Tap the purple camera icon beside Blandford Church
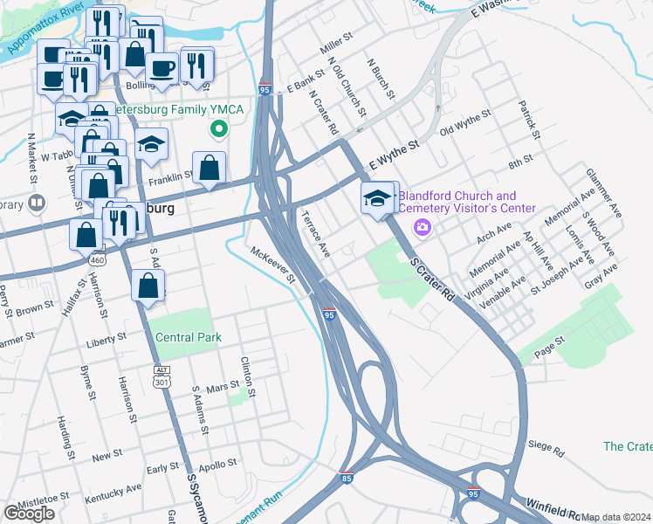tap(423, 228)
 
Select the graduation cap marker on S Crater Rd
tap(378, 198)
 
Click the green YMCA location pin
tap(220, 130)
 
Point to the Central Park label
tap(189, 337)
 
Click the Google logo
tap(29, 514)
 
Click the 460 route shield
tap(97, 259)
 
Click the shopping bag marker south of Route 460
tap(149, 286)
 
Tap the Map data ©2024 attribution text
tap(615, 517)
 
